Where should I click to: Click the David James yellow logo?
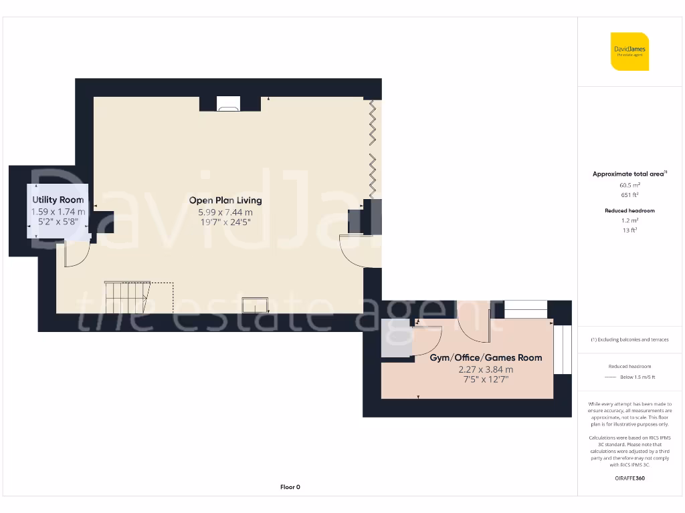629,51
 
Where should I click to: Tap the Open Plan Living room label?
225,200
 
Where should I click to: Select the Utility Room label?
58,200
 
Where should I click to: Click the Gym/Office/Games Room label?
486,357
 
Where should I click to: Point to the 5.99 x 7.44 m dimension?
225,212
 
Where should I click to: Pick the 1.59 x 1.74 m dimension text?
58,212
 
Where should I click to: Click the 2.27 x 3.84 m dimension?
486,369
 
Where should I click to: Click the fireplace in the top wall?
229,104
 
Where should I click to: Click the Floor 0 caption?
290,487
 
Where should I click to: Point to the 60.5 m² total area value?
629,185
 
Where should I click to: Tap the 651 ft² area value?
629,195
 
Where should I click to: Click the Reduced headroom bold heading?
629,210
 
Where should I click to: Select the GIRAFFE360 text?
629,478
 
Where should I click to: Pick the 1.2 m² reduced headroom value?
629,220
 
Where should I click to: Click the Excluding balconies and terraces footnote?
629,339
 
